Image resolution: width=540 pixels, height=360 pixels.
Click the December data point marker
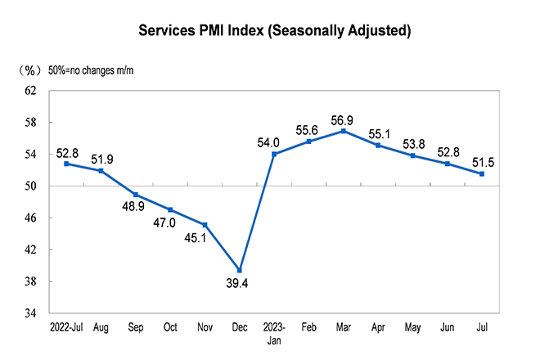(240, 270)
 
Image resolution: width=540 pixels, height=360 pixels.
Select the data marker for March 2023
(344, 131)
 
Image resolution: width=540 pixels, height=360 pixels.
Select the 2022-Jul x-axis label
(65, 328)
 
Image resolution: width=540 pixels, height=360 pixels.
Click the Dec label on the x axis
(240, 328)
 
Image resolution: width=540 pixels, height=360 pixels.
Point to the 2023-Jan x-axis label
(274, 334)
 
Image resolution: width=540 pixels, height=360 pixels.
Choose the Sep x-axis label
(135, 328)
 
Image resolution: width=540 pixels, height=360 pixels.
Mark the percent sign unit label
(30, 70)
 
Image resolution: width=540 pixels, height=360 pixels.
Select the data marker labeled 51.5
(482, 173)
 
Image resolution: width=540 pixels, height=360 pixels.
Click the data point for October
(170, 209)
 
